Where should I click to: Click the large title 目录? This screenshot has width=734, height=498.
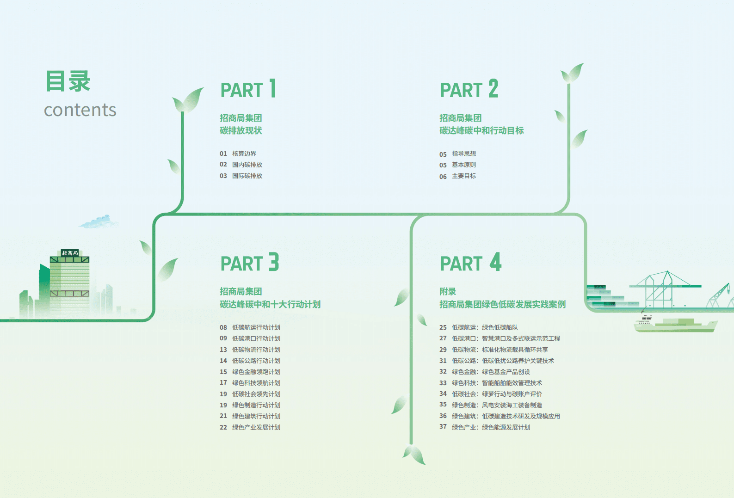tap(68, 81)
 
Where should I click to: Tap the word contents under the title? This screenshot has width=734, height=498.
tap(80, 110)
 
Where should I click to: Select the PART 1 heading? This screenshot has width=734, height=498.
tap(248, 89)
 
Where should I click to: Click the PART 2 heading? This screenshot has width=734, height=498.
tap(469, 89)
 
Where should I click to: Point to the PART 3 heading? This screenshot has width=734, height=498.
tap(250, 263)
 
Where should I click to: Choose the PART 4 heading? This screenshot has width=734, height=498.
tap(470, 263)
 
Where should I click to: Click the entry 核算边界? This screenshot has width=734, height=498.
tap(244, 154)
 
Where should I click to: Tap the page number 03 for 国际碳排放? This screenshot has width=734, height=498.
tap(223, 176)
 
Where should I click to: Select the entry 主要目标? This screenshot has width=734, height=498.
tap(464, 176)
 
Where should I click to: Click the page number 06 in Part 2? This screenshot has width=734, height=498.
tap(443, 177)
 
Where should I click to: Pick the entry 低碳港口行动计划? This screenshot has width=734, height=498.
tap(256, 338)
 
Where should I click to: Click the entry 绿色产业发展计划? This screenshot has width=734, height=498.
tap(256, 427)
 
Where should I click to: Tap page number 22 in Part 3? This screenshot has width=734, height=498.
tap(223, 428)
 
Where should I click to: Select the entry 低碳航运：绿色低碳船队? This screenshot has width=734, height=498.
tap(485, 327)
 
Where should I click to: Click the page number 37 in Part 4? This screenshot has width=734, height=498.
tap(443, 427)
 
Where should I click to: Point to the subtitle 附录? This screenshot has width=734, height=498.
tap(448, 291)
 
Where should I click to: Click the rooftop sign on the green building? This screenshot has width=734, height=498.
tap(70, 253)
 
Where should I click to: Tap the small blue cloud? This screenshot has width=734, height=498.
tap(99, 222)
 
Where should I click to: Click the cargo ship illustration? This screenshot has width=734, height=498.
tap(675, 325)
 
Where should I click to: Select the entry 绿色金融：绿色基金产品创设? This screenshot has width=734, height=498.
tap(491, 372)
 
